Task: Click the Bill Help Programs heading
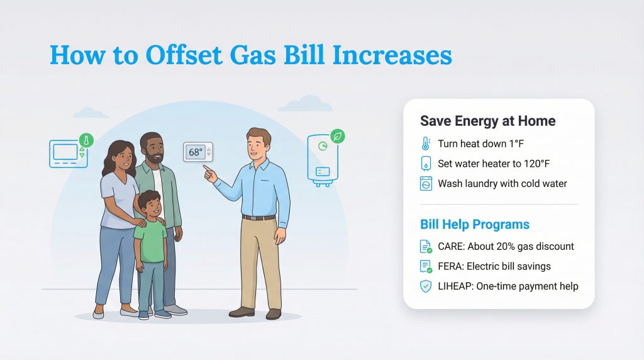475,224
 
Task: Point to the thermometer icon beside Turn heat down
426,143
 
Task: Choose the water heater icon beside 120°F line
426,164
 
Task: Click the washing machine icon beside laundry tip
426,184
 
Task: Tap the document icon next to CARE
426,247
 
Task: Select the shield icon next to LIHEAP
426,286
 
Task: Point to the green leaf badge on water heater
338,136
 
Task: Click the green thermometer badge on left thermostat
86,140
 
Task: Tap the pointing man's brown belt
258,218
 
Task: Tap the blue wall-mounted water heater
323,160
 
